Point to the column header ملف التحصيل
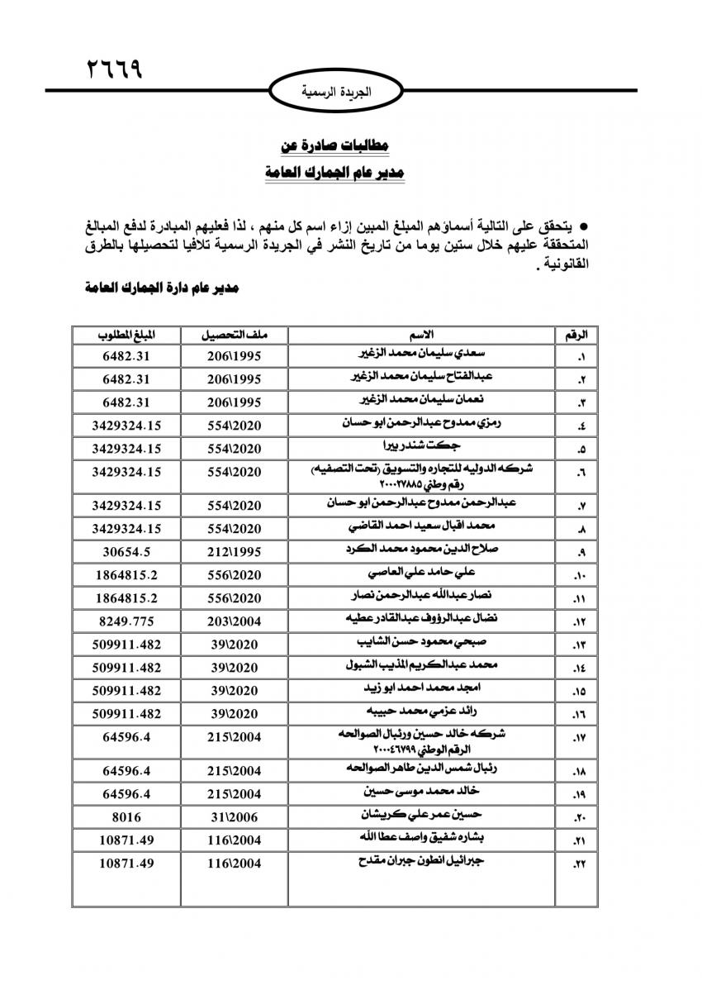tap(233, 335)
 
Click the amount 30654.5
tap(126, 549)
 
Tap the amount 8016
tap(126, 816)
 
